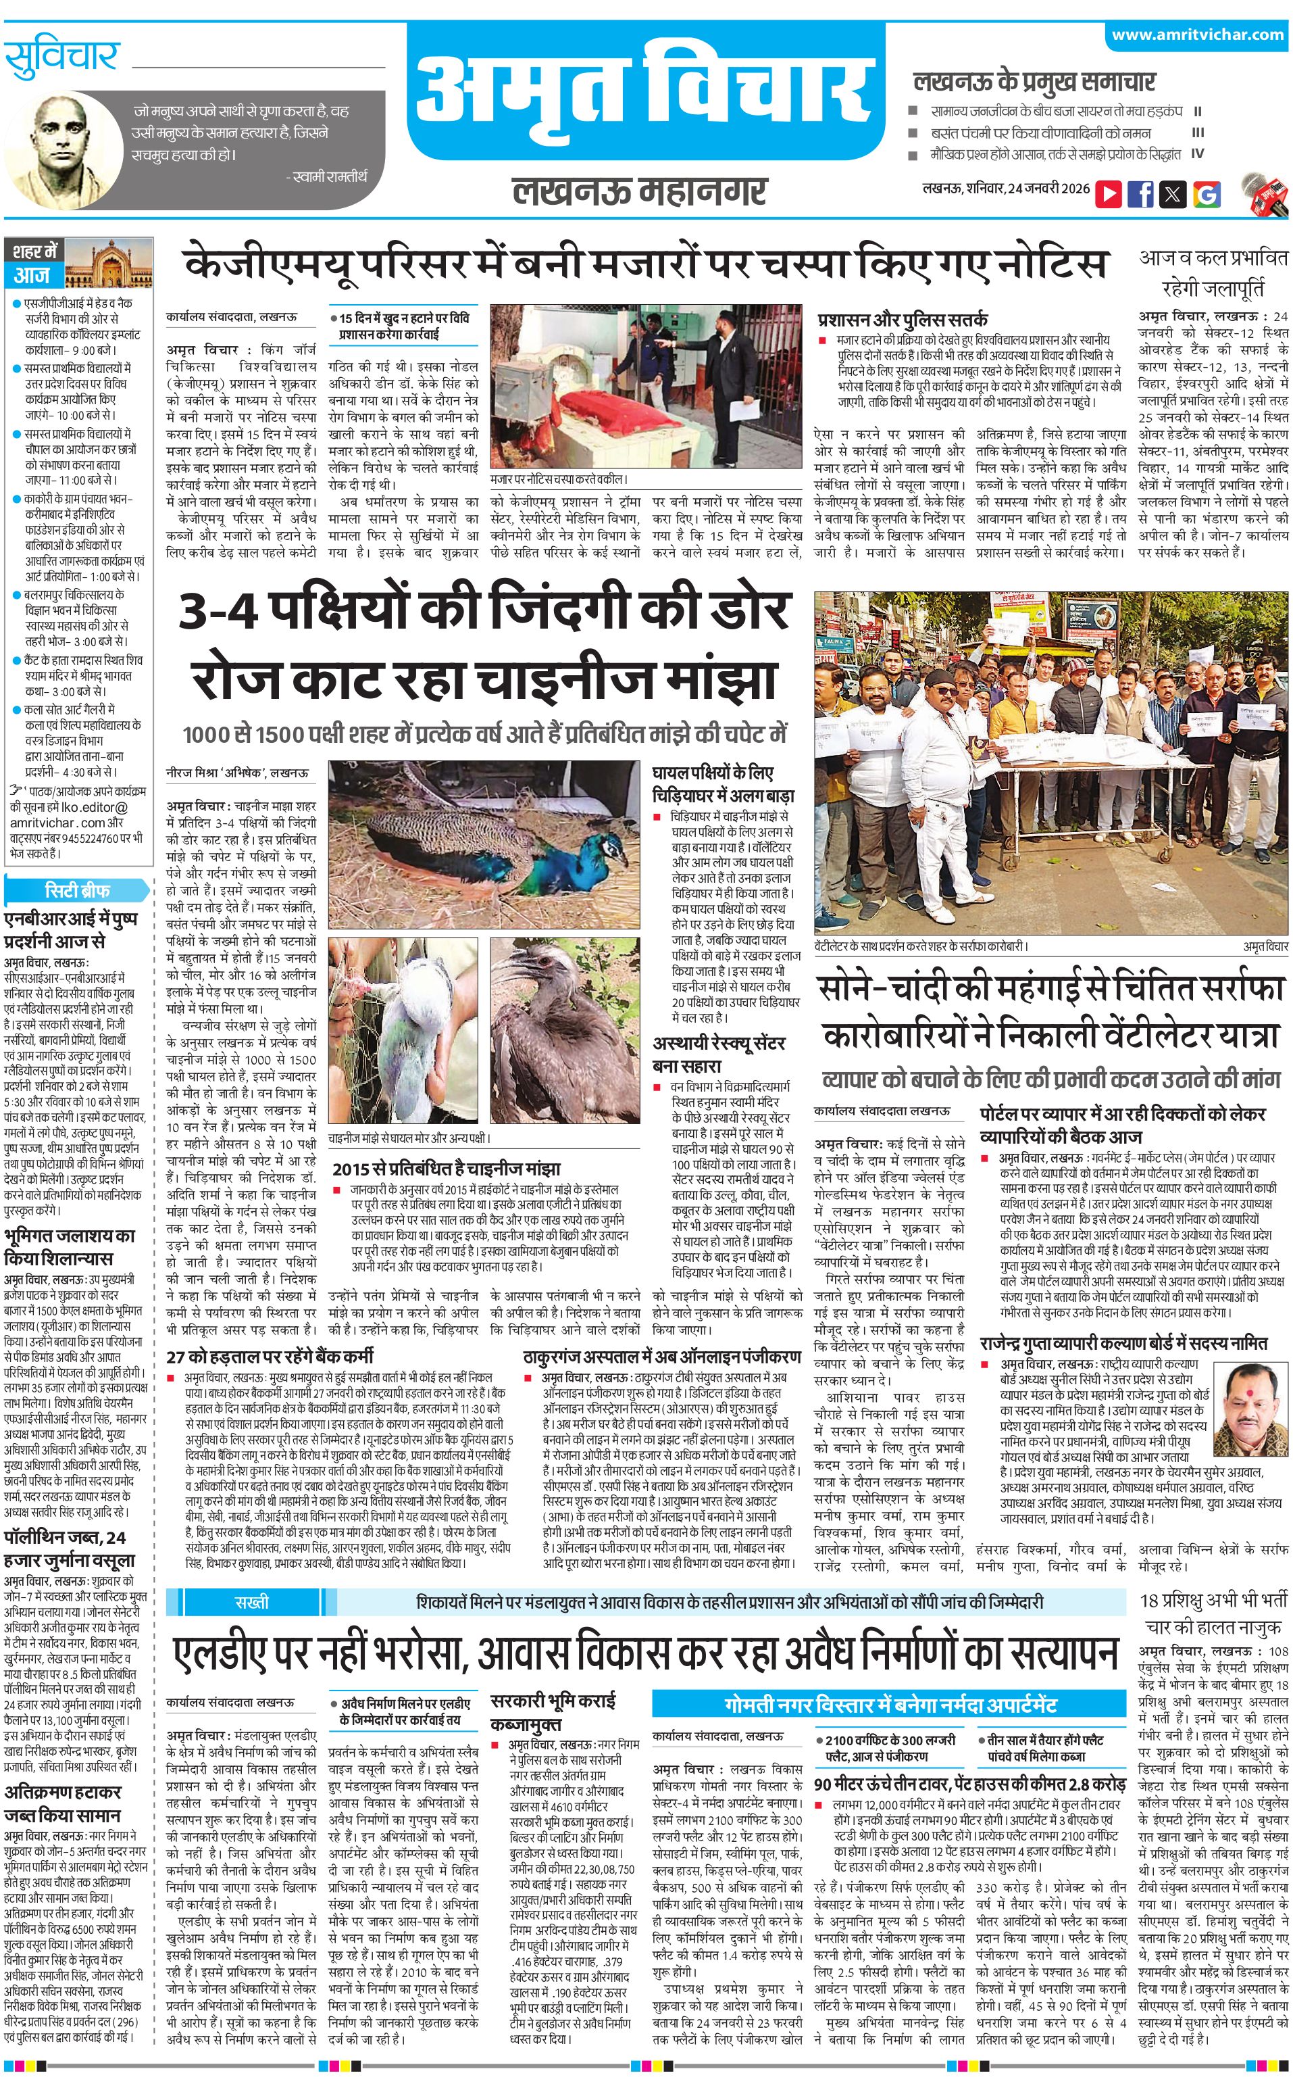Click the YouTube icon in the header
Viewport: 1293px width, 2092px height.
pyautogui.click(x=1109, y=194)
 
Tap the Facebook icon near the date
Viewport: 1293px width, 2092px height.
pyautogui.click(x=1141, y=194)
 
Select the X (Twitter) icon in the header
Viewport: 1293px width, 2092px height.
pyautogui.click(x=1173, y=194)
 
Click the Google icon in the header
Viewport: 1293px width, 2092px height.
pyautogui.click(x=1207, y=194)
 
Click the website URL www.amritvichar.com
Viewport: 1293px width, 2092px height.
pyautogui.click(x=1197, y=34)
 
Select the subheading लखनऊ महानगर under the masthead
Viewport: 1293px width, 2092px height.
pyautogui.click(x=640, y=191)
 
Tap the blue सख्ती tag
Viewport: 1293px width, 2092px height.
pyautogui.click(x=251, y=1602)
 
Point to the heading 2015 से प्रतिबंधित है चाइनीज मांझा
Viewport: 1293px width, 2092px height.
pyautogui.click(x=447, y=1169)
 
